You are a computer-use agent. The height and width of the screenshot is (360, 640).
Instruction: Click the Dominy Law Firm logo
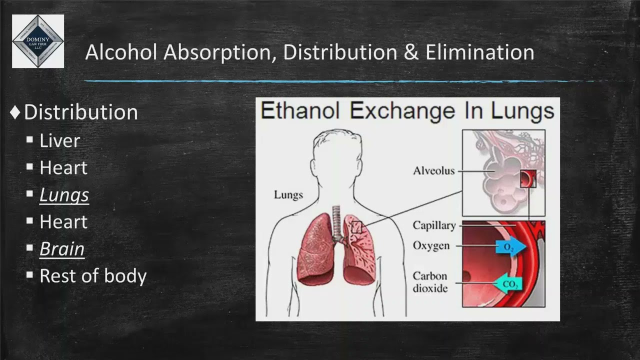[x=38, y=41]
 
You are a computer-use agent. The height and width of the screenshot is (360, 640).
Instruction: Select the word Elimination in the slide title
[x=479, y=52]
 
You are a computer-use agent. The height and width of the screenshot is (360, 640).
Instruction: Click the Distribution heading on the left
[x=80, y=112]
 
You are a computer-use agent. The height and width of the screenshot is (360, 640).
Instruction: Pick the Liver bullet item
[x=59, y=141]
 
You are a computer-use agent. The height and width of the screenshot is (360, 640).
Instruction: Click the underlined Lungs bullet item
[x=64, y=195]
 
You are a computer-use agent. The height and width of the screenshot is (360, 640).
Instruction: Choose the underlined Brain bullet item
[x=62, y=249]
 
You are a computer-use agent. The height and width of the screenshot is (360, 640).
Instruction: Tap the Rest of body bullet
[x=93, y=276]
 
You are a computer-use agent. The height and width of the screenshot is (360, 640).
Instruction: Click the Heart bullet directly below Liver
[x=63, y=168]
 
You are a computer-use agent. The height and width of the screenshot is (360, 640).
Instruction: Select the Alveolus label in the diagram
[x=434, y=171]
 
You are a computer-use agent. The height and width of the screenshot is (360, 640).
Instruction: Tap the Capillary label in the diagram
[x=434, y=225]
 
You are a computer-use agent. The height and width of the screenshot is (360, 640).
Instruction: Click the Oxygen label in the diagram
[x=431, y=246]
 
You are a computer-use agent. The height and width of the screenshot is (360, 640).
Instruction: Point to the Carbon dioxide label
[x=430, y=282]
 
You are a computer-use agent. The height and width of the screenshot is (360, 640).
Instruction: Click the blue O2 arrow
[x=510, y=247]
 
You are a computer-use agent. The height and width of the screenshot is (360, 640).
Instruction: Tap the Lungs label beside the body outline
[x=288, y=195]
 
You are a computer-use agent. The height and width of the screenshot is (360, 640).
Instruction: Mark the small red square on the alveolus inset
[x=527, y=178]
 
